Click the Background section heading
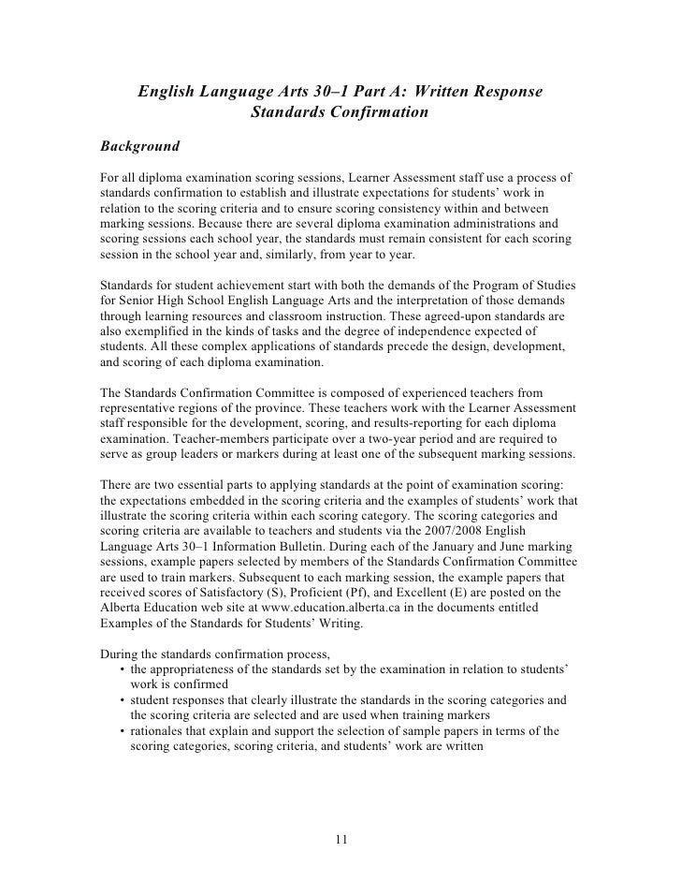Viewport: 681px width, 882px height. click(140, 147)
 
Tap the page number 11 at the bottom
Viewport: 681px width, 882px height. click(340, 838)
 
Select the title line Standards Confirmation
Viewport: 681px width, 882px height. click(340, 113)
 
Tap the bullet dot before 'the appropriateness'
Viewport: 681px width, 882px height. click(123, 665)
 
